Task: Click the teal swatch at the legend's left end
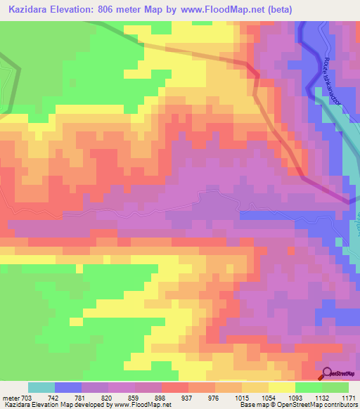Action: pos(41,387)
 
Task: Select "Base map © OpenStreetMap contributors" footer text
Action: pos(298,405)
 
